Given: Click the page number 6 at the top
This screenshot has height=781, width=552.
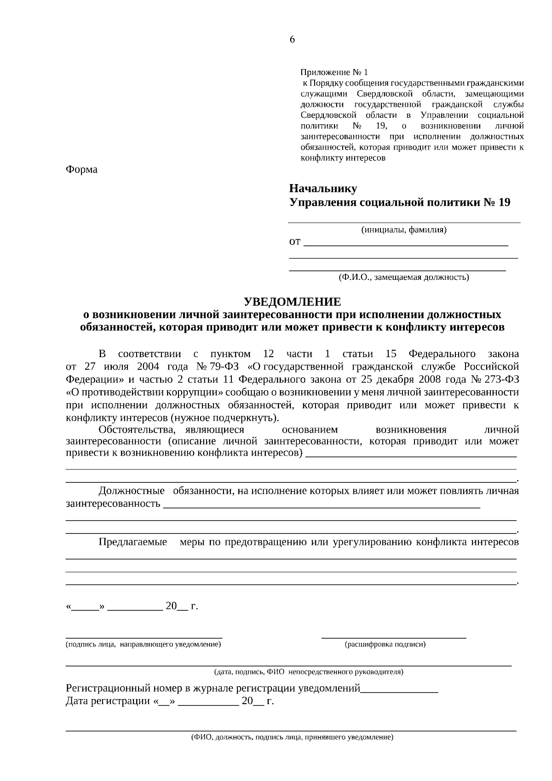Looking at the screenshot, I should (x=292, y=40).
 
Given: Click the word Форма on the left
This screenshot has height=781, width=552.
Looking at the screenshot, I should (x=81, y=169).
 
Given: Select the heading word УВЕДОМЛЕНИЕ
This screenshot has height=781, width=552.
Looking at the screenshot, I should (x=292, y=302).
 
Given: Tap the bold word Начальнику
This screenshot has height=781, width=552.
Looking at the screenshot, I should (x=323, y=188).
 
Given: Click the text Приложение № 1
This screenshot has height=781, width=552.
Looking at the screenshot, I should (x=334, y=72).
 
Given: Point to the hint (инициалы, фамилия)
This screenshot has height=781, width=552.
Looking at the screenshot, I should (x=404, y=230).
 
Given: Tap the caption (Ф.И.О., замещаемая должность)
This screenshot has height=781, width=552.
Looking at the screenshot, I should (x=404, y=277).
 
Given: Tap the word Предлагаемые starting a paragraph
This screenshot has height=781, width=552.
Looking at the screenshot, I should (x=133, y=542).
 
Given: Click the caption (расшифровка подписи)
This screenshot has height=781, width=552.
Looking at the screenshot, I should (x=385, y=644).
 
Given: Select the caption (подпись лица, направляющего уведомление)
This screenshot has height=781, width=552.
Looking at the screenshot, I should (x=144, y=644).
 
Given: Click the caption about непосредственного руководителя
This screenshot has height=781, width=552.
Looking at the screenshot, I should (x=309, y=672).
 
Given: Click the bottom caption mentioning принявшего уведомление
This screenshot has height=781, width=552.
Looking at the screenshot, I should (x=292, y=737).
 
